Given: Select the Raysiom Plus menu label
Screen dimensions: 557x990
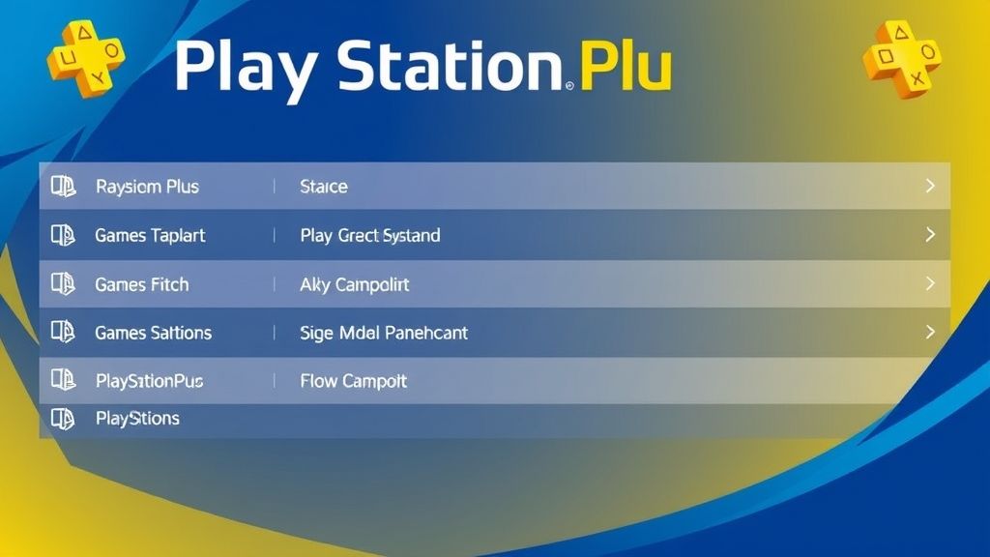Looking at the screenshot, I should (x=147, y=187).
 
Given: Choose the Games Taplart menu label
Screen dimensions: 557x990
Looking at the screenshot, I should (x=150, y=235).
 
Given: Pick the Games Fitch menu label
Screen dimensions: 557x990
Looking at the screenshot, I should (x=141, y=284).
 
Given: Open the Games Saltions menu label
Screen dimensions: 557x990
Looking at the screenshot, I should (x=153, y=333).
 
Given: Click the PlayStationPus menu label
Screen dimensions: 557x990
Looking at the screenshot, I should (x=149, y=381).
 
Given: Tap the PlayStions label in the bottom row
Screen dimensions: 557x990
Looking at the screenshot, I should (x=137, y=419).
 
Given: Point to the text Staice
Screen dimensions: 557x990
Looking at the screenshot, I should (x=324, y=187).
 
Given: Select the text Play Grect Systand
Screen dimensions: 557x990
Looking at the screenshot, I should (x=370, y=235).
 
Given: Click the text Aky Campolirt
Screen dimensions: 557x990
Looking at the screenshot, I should (x=355, y=284).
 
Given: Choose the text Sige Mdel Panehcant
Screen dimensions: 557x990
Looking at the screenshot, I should (x=384, y=333).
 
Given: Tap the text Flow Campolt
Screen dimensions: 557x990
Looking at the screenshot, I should (x=353, y=381).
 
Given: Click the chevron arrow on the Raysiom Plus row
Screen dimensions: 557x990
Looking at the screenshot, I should (x=930, y=186).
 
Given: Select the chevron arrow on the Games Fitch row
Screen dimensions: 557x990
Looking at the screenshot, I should (x=930, y=283).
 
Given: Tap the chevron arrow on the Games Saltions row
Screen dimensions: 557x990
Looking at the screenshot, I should (x=930, y=332).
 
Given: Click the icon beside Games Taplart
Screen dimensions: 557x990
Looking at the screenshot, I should (x=63, y=235).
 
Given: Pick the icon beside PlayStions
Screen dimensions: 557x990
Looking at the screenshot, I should (x=63, y=419).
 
